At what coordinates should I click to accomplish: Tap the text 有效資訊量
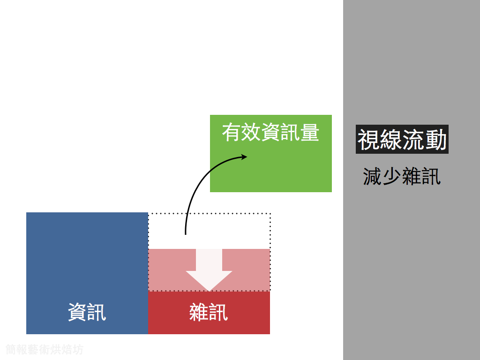270,133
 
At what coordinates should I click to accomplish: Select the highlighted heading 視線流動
402,139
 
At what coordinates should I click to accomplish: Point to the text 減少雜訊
402,177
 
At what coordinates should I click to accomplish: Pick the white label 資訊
87,312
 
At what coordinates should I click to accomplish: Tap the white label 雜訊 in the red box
209,312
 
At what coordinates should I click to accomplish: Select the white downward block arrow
209,272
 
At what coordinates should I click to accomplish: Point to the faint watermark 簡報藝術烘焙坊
45,349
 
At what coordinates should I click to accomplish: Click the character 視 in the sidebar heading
368,140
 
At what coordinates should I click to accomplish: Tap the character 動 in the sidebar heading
436,140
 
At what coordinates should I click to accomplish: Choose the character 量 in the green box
309,133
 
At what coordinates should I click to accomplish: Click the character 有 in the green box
232,133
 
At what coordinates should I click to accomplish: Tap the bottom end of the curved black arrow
186,233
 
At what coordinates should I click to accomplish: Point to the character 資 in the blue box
77,312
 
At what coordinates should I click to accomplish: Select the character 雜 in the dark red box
199,312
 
